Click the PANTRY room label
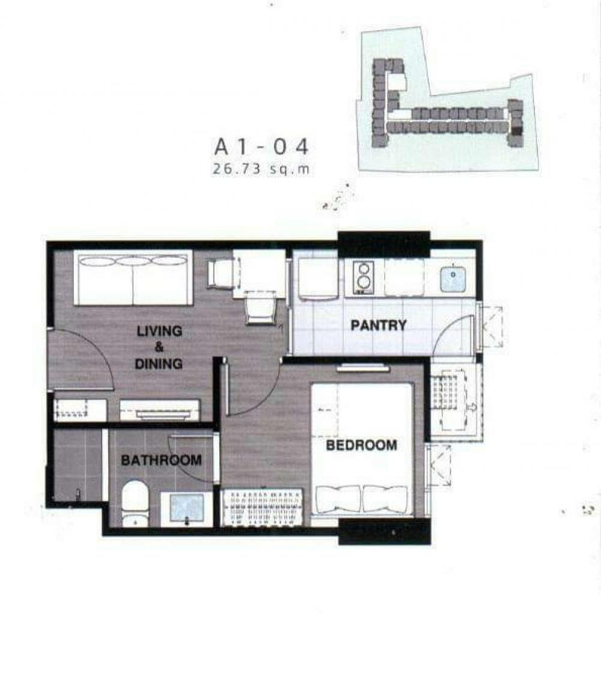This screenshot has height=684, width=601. point(379,325)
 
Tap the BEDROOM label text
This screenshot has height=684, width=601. point(361,446)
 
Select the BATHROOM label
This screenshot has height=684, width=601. point(161,460)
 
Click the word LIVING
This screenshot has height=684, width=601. point(159,331)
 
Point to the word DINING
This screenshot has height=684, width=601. point(159,364)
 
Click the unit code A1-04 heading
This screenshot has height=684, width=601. point(261,147)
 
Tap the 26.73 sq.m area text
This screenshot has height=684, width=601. point(261,169)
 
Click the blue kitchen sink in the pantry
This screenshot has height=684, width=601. point(453,278)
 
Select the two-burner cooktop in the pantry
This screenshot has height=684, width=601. point(363,277)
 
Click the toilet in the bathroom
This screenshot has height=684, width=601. point(135,503)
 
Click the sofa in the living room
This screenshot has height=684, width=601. point(133,278)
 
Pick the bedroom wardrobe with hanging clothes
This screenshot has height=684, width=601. point(262,507)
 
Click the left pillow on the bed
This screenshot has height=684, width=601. point(339,498)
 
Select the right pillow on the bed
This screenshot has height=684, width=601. point(385,498)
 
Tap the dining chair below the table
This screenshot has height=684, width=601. point(261,307)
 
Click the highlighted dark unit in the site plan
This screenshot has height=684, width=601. point(517,130)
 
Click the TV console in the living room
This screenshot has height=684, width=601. point(160,411)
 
